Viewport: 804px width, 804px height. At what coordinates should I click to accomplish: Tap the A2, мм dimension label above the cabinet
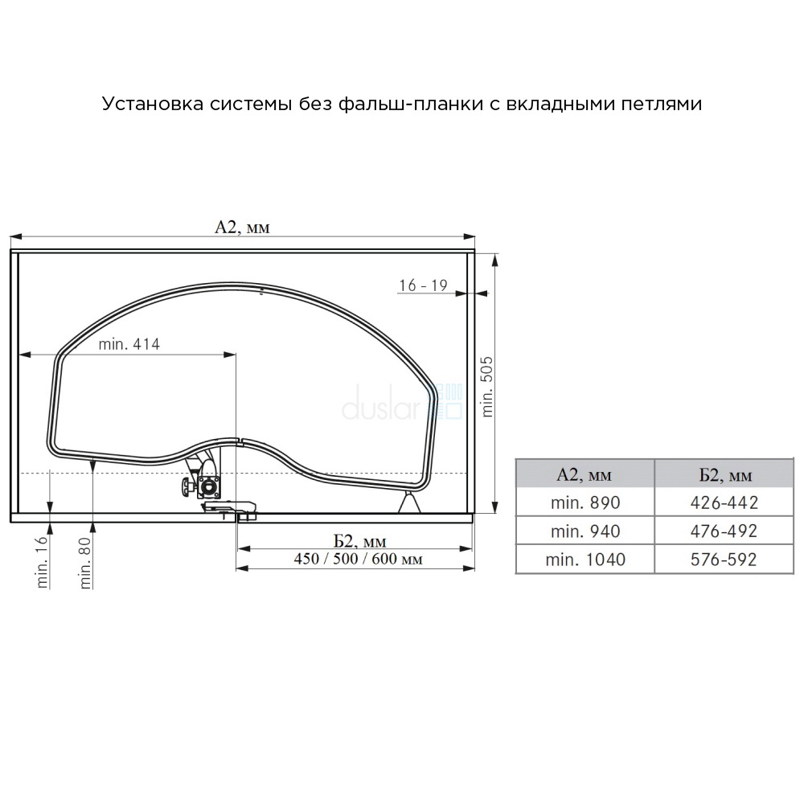[242, 228]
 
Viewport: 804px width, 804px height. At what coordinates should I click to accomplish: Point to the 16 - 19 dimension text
[424, 285]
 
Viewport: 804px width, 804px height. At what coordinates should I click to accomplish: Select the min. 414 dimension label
[129, 343]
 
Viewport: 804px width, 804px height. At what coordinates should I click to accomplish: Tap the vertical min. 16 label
[42, 561]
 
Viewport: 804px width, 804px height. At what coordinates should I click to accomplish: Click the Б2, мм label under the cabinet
[360, 541]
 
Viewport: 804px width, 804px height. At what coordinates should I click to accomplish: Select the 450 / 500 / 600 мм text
[359, 559]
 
